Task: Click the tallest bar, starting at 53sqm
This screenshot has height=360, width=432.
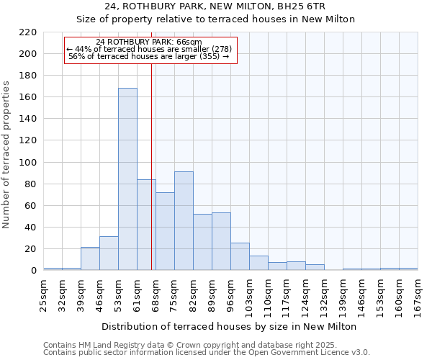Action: pyautogui.click(x=127, y=179)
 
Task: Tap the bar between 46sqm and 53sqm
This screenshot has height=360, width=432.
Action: pyautogui.click(x=109, y=253)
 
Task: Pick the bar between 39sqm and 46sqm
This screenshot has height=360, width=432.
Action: pyautogui.click(x=90, y=258)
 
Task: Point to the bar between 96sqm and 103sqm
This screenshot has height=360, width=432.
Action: pyautogui.click(x=240, y=256)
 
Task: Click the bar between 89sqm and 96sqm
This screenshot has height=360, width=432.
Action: pyautogui.click(x=221, y=242)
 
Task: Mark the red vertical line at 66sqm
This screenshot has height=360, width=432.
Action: pyautogui.click(x=152, y=180)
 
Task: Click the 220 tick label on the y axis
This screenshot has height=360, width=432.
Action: pyautogui.click(x=28, y=32)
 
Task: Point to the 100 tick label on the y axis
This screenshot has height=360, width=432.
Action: pyautogui.click(x=28, y=163)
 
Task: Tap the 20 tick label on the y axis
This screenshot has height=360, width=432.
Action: pyautogui.click(x=31, y=249)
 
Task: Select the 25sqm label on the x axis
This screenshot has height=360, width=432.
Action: pyautogui.click(x=43, y=293)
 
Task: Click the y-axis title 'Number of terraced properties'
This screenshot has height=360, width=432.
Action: pyautogui.click(x=6, y=155)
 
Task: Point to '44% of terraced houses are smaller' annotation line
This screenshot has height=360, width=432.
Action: pyautogui.click(x=150, y=49)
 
